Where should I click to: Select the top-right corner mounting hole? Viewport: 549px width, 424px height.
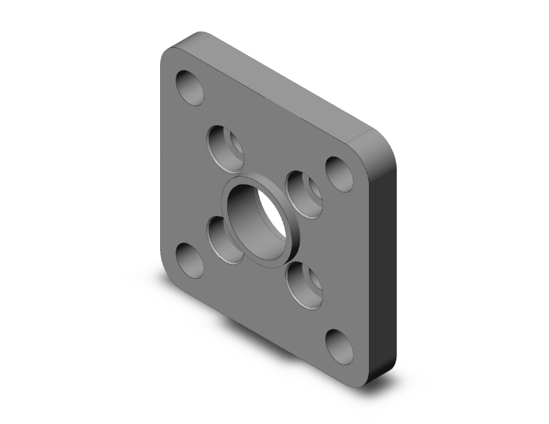point(340,174)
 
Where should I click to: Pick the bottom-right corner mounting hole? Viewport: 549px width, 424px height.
point(339,347)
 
